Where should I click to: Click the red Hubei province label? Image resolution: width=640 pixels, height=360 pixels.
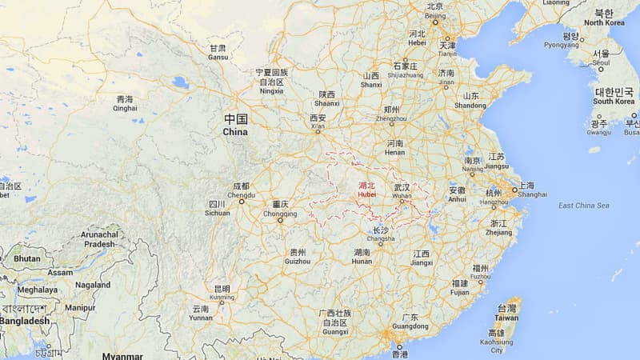coord(366,189)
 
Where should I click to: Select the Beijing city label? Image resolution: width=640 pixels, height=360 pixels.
coord(435,10)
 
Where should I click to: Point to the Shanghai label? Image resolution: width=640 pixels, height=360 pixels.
coord(532,190)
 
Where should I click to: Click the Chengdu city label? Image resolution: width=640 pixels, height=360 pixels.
coord(241,190)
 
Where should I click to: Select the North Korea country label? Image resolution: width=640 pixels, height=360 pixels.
coord(605,18)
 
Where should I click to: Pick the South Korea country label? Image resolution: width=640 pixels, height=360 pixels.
coord(614,97)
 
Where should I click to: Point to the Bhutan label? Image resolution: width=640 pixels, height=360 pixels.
coord(26,259)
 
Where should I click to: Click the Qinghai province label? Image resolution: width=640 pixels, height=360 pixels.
coord(125,105)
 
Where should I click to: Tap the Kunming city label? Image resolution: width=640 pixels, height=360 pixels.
coord(222,293)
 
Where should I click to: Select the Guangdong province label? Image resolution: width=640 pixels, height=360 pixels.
coord(410,322)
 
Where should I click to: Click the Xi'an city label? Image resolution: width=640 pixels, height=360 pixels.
coord(318,122)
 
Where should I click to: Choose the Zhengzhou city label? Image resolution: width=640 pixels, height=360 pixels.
coord(391,114)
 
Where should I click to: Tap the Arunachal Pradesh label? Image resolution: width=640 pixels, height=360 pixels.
coord(99,240)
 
